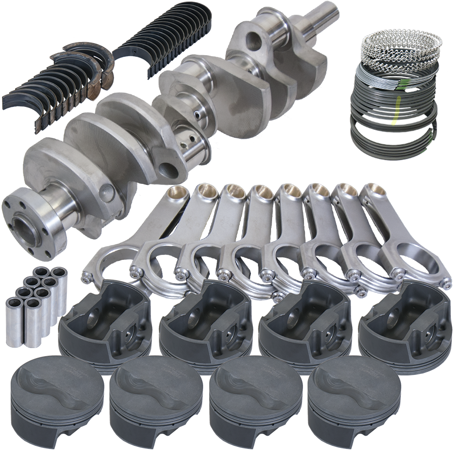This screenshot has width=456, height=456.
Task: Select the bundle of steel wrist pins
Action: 35,304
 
